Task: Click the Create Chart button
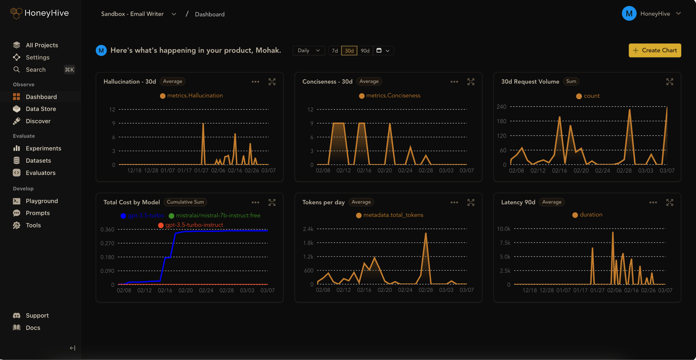tap(655, 50)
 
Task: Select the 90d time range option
tap(365, 51)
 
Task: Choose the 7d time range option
tap(335, 51)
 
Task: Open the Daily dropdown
tap(308, 51)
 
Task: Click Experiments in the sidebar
tap(43, 148)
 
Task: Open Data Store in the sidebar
tap(40, 109)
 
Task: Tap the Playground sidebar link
tap(41, 201)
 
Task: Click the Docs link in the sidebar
tap(33, 328)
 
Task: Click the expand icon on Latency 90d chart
tap(669, 202)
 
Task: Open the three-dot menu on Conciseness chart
tap(454, 82)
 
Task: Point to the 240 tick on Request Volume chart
tap(501, 107)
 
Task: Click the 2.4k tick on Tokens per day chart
tap(308, 229)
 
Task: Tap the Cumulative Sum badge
tap(185, 202)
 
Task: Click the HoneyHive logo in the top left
tap(40, 13)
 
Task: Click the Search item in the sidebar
tap(35, 70)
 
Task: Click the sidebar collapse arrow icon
tap(72, 348)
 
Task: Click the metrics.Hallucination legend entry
tap(194, 96)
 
